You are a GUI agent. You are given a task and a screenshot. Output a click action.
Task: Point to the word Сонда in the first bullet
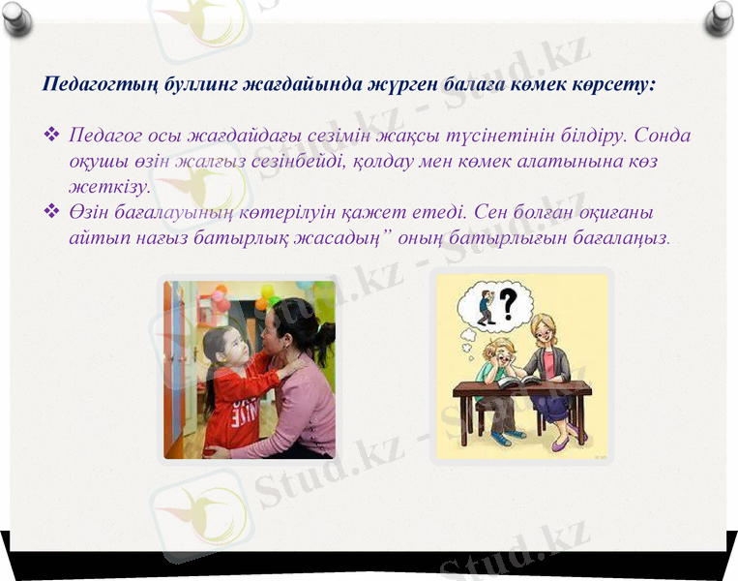click(x=663, y=135)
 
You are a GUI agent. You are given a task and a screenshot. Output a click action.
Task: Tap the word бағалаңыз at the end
click(x=620, y=236)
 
